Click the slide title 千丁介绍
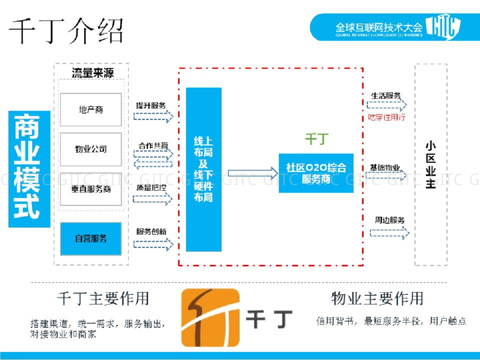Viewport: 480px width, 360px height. [x=66, y=31]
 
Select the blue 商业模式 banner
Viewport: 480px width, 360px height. [x=29, y=169]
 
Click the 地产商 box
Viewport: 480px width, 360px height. [x=91, y=110]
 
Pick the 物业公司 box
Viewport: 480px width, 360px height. [x=91, y=150]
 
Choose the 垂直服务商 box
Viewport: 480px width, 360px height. [x=91, y=189]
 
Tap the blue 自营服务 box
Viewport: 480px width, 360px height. [x=91, y=239]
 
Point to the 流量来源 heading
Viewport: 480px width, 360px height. [x=93, y=73]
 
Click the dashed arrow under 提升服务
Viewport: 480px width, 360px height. [x=153, y=116]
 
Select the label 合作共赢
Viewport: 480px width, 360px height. [x=153, y=146]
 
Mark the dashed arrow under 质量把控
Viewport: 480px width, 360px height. [x=153, y=199]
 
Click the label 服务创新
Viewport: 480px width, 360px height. [x=151, y=231]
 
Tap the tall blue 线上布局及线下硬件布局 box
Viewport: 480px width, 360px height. [x=203, y=169]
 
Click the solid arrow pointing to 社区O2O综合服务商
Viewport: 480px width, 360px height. [x=249, y=172]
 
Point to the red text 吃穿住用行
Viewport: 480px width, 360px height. [x=387, y=117]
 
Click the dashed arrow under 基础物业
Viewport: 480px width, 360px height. [x=386, y=175]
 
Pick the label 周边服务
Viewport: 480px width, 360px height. [x=390, y=220]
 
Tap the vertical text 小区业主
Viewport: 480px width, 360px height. [x=430, y=165]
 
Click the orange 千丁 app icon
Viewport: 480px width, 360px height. [x=210, y=317]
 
